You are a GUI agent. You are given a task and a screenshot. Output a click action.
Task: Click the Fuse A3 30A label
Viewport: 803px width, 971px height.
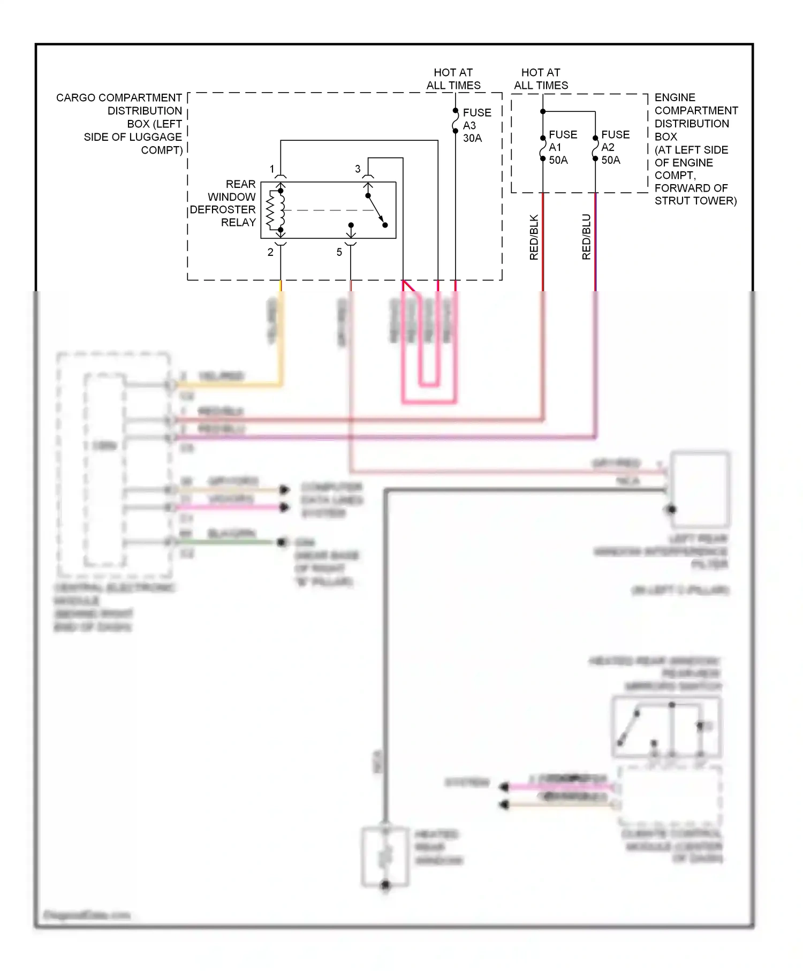point(476,125)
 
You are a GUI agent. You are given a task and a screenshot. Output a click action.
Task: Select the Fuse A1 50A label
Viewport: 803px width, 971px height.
point(562,147)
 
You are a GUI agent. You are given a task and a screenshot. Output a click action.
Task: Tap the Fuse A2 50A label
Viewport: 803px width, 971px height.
point(615,147)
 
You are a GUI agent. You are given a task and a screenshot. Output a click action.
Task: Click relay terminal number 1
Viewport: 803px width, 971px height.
point(272,169)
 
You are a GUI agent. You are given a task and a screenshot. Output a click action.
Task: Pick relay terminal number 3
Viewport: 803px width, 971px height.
point(358,169)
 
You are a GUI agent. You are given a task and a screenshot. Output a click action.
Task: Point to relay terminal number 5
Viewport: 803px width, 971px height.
point(339,252)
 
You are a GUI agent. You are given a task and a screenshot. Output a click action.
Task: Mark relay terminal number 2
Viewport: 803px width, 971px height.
point(270,252)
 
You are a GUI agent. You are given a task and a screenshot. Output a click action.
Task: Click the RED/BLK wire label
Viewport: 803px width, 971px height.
point(534,237)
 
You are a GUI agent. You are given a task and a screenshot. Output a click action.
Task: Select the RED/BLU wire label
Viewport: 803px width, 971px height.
point(586,237)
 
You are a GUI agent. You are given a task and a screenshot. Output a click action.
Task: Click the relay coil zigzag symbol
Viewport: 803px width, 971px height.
point(271,210)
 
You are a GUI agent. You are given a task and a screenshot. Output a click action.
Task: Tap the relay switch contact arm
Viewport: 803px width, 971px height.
point(376,210)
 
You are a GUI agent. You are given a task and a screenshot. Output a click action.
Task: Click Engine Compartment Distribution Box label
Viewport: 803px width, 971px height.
point(695,149)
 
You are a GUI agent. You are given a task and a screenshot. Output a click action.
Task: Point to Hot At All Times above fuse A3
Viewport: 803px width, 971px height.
point(453,79)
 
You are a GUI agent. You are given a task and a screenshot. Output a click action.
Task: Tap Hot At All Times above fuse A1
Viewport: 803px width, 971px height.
point(541,79)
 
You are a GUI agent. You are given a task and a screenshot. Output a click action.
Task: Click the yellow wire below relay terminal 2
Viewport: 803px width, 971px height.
point(281,343)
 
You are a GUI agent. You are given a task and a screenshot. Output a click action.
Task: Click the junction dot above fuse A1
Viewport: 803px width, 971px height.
point(543,111)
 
